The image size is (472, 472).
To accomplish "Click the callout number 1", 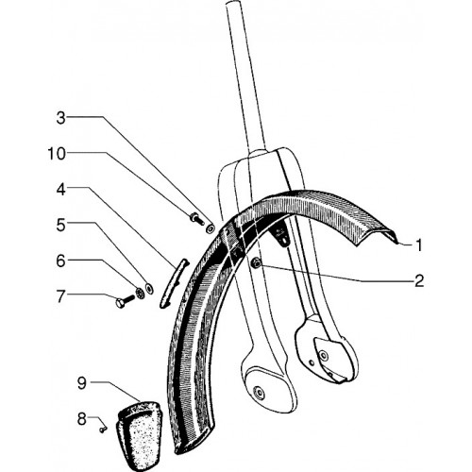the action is (419, 245).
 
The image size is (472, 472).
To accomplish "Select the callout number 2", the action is (419, 280).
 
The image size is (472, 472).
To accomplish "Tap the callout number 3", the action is (61, 118).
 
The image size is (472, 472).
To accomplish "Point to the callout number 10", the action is (57, 154).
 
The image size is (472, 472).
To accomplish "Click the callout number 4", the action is (61, 190).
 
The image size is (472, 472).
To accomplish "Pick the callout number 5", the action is (61, 226).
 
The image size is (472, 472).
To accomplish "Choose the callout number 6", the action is (60, 261).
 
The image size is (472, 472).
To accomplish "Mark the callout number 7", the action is (61, 296).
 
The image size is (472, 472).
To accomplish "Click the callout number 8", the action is (82, 419).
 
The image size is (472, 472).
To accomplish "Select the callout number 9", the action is (82, 382).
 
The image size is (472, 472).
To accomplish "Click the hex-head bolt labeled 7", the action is (125, 301).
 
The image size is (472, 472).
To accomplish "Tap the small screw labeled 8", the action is (103, 430).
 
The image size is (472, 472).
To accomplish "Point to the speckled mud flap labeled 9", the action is (138, 435).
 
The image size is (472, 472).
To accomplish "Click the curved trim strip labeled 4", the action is (174, 283).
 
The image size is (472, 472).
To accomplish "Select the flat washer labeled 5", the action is (149, 288).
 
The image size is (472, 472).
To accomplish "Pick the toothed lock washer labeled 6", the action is (139, 294).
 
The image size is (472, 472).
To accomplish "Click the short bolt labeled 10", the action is (195, 218).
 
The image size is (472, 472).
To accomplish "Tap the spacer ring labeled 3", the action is (210, 228).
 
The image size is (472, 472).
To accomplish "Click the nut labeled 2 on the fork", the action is (256, 262).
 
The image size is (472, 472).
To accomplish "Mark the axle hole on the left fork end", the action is (260, 393).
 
